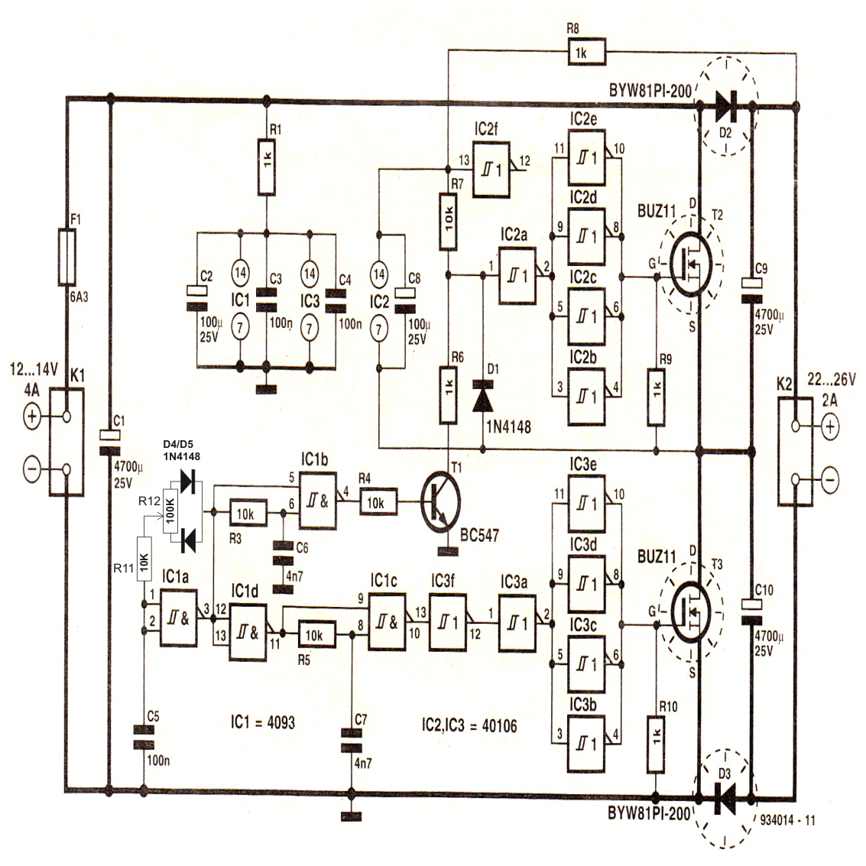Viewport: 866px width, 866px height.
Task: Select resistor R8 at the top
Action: click(x=585, y=52)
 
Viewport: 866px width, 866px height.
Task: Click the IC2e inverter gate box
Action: click(x=585, y=160)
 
